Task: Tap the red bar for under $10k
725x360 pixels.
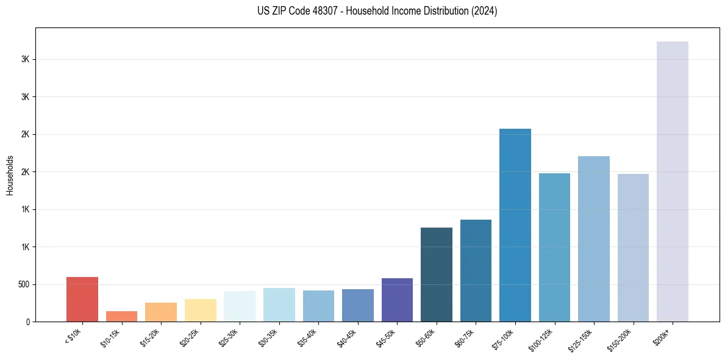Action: (x=82, y=299)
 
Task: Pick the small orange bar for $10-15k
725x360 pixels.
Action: (x=121, y=316)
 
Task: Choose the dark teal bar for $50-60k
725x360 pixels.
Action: (x=436, y=274)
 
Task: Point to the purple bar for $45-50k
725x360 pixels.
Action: (x=397, y=300)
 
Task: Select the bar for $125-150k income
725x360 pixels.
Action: (x=593, y=239)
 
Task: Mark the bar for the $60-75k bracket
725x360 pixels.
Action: (x=476, y=270)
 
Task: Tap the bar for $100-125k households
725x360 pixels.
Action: (x=554, y=247)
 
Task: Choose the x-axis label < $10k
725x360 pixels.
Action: (x=73, y=336)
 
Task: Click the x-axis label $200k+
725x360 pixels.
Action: (x=662, y=336)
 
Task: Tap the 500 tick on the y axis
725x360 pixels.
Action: (x=23, y=284)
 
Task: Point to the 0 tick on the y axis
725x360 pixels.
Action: (x=28, y=322)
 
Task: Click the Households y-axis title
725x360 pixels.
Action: (x=10, y=175)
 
